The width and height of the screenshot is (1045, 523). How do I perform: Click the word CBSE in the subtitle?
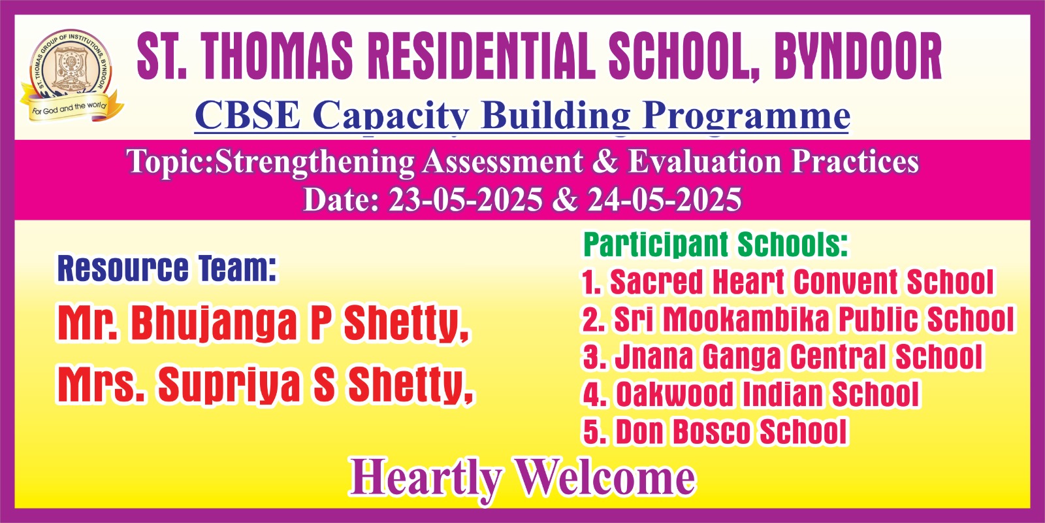pos(248,115)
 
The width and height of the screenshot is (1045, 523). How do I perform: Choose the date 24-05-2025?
pos(664,200)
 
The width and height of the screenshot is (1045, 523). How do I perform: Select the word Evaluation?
pos(705,161)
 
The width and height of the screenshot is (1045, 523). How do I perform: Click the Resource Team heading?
pos(167,269)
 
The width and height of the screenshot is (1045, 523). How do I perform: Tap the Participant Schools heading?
pos(716,245)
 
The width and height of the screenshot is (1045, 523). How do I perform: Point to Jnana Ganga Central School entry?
pos(783,356)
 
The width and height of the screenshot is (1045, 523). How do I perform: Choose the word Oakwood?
pos(674,394)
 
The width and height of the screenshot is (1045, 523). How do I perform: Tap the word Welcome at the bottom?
pos(604,477)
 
